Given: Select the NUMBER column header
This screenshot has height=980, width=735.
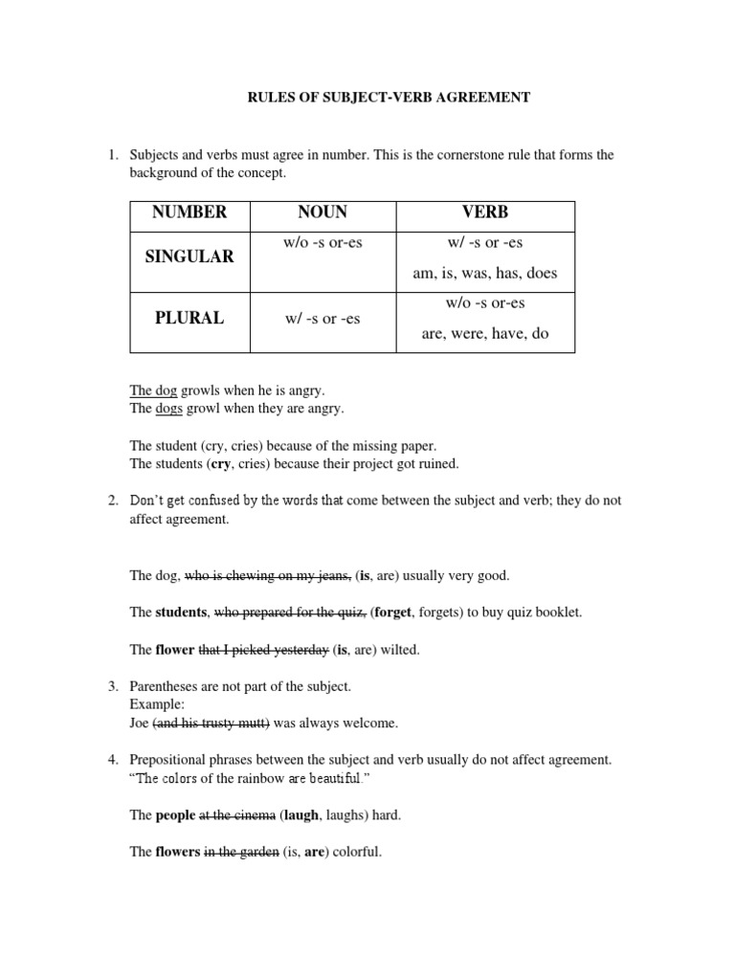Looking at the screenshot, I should pyautogui.click(x=189, y=212).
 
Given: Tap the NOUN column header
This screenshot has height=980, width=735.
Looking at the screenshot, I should pyautogui.click(x=323, y=212).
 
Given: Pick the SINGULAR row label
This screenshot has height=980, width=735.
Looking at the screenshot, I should pyautogui.click(x=189, y=257).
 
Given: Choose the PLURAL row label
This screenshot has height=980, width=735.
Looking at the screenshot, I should pyautogui.click(x=189, y=319).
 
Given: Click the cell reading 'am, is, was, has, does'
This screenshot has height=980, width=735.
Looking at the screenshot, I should pyautogui.click(x=483, y=273).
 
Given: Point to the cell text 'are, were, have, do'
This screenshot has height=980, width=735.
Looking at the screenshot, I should pyautogui.click(x=483, y=334).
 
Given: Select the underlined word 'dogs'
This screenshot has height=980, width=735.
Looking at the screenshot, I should pyautogui.click(x=168, y=409).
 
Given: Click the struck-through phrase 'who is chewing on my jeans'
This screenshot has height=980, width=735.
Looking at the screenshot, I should pyautogui.click(x=267, y=576).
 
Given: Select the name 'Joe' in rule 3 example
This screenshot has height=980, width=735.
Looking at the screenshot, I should pyautogui.click(x=140, y=723).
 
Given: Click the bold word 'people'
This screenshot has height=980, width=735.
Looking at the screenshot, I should pyautogui.click(x=175, y=815).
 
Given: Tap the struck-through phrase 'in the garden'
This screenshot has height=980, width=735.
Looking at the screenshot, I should pyautogui.click(x=241, y=852).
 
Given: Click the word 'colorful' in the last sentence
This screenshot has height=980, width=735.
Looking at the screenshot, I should pyautogui.click(x=357, y=852).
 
